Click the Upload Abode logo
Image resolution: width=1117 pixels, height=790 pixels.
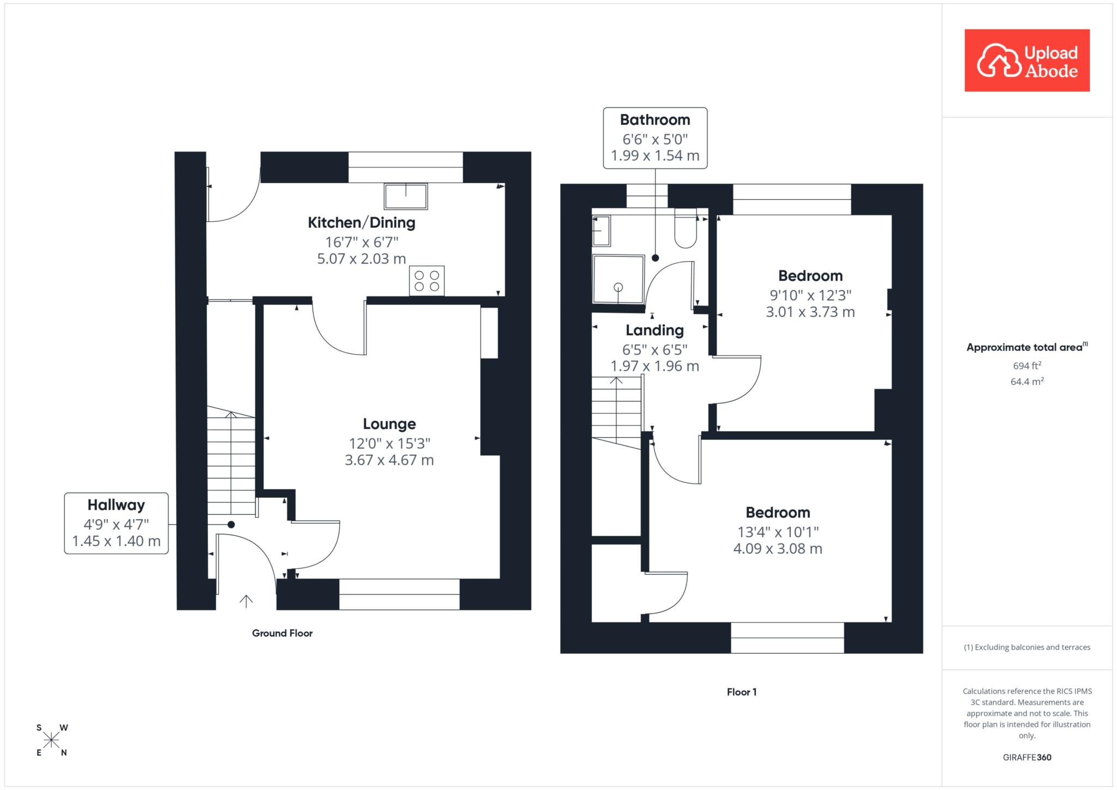click(x=1027, y=61)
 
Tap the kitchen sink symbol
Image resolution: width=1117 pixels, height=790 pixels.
click(x=406, y=196)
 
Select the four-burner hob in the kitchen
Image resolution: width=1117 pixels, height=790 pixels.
click(x=427, y=281)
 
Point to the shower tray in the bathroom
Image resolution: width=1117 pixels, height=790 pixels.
click(x=618, y=279)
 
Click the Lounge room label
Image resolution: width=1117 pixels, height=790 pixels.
click(x=389, y=424)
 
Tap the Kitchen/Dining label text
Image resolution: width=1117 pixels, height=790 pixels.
click(x=362, y=222)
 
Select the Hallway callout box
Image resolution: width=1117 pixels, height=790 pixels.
click(x=116, y=523)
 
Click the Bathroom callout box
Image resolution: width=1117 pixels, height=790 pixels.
click(x=655, y=138)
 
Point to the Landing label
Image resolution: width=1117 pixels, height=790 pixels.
click(x=654, y=330)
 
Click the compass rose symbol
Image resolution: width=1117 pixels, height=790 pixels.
click(x=52, y=740)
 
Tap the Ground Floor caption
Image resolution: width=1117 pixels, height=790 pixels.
click(x=282, y=633)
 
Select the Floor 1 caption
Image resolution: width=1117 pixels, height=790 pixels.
click(x=742, y=692)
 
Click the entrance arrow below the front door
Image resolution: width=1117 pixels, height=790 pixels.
click(x=246, y=601)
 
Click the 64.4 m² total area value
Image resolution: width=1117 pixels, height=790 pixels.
click(x=1027, y=381)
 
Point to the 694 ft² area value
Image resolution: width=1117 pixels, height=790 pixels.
click(x=1027, y=365)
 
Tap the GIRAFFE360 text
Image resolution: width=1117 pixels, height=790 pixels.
click(x=1027, y=757)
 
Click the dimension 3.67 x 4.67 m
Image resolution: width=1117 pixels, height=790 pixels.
click(x=389, y=460)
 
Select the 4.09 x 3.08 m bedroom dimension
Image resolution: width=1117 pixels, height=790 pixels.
click(x=778, y=548)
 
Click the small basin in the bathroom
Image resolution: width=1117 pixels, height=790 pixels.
click(x=602, y=231)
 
